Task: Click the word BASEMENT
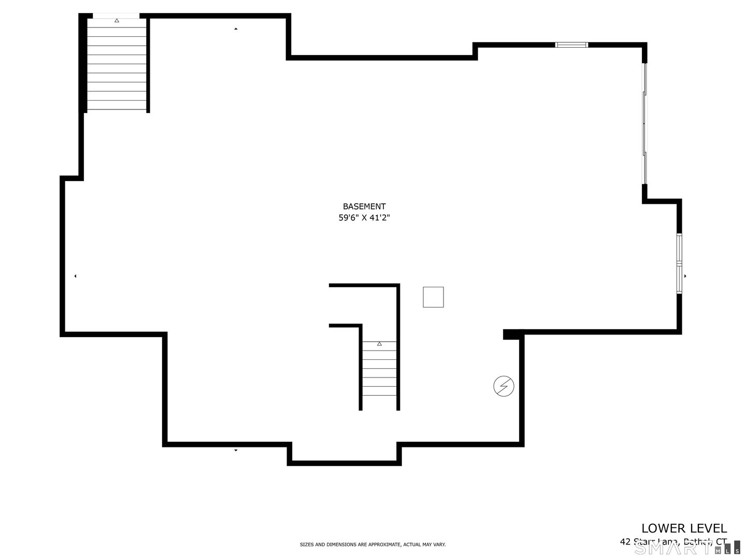coord(364,206)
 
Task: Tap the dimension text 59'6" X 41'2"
coord(364,218)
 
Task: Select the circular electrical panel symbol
coord(504,386)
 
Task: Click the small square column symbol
coord(433,297)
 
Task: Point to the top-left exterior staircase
coord(117,65)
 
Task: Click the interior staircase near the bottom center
coord(379,373)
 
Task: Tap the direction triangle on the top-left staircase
coord(117,21)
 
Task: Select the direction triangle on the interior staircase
coord(379,344)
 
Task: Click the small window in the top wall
coord(571,45)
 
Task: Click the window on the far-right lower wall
coord(679,263)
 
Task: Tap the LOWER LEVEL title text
coord(684,528)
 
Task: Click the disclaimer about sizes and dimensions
coord(373,544)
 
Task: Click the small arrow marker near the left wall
coord(75,276)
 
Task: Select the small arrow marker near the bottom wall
coord(236,450)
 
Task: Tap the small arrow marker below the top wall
coord(236,29)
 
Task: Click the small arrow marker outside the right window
coord(685,276)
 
